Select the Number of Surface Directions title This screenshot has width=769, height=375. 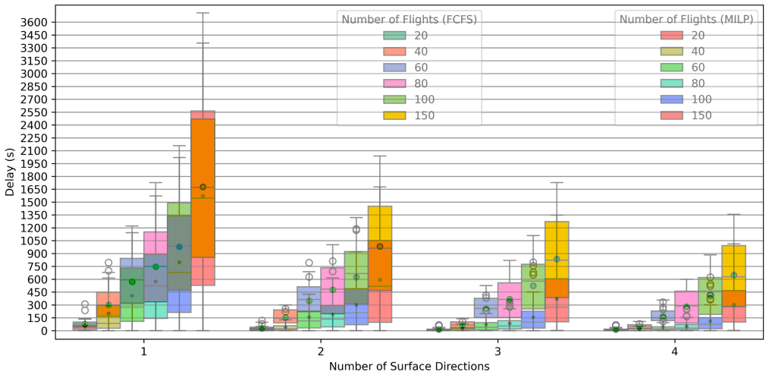click(410, 367)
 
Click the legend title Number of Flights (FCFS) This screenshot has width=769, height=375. click(410, 19)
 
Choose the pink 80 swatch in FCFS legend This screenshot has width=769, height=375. click(395, 84)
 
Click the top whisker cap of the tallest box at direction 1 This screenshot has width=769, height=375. click(203, 13)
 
